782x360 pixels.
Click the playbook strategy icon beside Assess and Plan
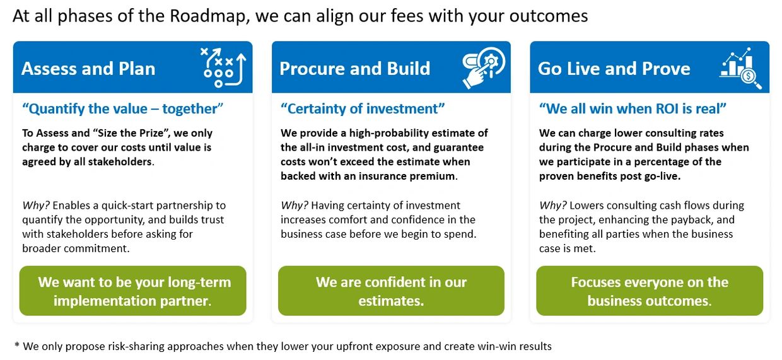pyautogui.click(x=223, y=67)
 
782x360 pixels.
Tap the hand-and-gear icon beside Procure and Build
pyautogui.click(x=484, y=67)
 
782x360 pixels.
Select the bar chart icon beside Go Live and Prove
pyautogui.click(x=740, y=68)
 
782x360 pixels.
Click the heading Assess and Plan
pyautogui.click(x=88, y=69)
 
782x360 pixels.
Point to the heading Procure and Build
pyautogui.click(x=354, y=69)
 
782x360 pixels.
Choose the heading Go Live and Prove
pyautogui.click(x=614, y=69)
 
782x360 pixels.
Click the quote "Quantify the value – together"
pyautogui.click(x=122, y=108)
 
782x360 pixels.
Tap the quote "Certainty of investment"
pyautogui.click(x=363, y=108)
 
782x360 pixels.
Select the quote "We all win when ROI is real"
pyautogui.click(x=633, y=108)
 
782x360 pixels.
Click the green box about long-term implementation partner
pyautogui.click(x=132, y=291)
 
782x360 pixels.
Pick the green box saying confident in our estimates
pyautogui.click(x=391, y=291)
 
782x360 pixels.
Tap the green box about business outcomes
pyautogui.click(x=650, y=291)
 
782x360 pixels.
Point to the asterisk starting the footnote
pyautogui.click(x=17, y=345)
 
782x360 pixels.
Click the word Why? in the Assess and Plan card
pyautogui.click(x=36, y=206)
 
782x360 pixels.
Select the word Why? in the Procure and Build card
pyautogui.click(x=295, y=206)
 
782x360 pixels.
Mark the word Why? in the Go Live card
pyautogui.click(x=552, y=206)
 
